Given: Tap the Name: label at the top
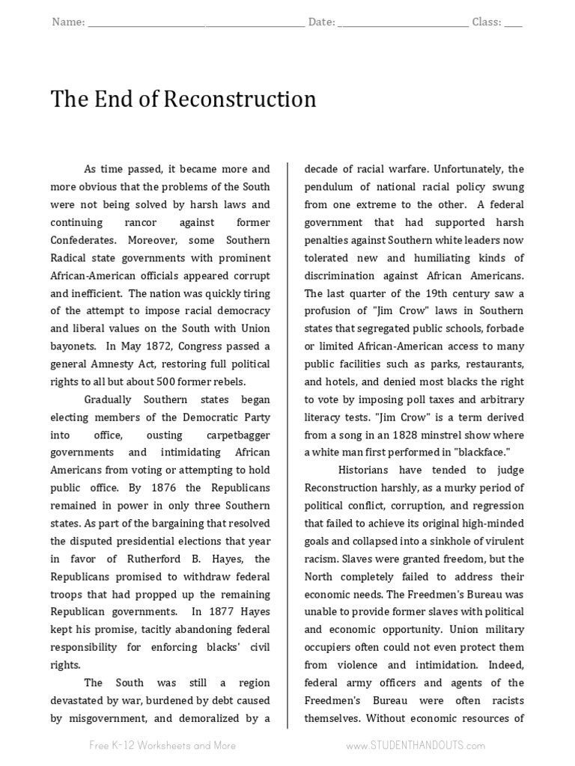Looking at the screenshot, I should pos(68,22).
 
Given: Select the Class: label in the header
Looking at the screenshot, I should pos(487,22).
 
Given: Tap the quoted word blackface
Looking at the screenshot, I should pos(478,452).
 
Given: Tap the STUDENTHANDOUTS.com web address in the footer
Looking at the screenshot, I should pos(416,745).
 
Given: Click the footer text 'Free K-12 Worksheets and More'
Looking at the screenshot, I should pos(162,745).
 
